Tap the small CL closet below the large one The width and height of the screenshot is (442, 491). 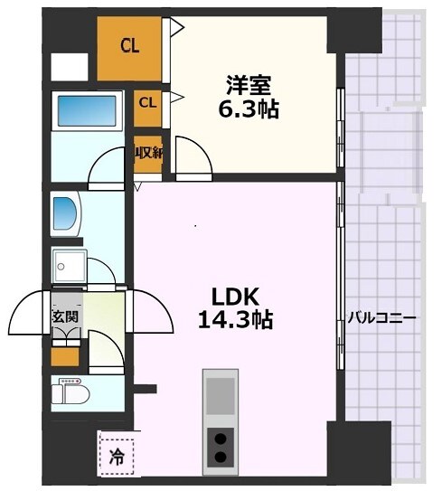(147, 103)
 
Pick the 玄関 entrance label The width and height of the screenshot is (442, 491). (64, 316)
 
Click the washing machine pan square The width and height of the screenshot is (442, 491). (69, 266)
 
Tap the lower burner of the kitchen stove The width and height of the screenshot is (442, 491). (220, 458)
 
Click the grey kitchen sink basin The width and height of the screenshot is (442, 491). (220, 395)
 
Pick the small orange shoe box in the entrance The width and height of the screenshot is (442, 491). (64, 356)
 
